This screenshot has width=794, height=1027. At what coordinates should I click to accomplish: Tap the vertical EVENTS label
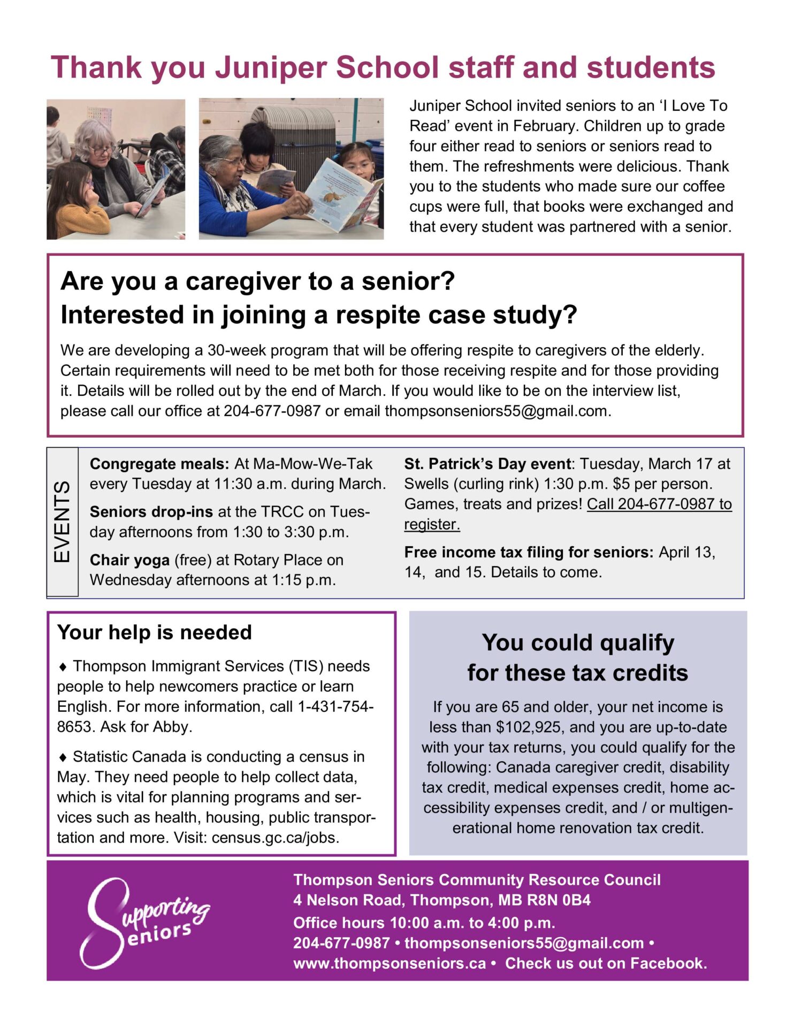pos(62,521)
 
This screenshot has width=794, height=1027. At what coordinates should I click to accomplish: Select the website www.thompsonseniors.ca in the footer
pos(390,963)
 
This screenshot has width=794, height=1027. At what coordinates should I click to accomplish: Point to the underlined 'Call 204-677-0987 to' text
pos(659,504)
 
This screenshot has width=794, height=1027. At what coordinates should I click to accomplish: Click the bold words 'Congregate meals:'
pos(159,464)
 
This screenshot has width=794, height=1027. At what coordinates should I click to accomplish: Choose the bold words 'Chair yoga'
pos(129,560)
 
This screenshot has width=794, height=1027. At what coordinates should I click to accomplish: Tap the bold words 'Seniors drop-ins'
pos(151,512)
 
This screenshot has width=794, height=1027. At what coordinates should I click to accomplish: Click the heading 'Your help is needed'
pos(154,632)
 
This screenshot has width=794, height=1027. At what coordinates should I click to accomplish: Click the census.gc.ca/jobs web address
pos(275,837)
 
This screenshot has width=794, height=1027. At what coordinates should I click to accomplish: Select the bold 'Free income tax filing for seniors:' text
pos(529,552)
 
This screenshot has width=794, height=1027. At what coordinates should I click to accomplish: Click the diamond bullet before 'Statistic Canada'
pos(63,757)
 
